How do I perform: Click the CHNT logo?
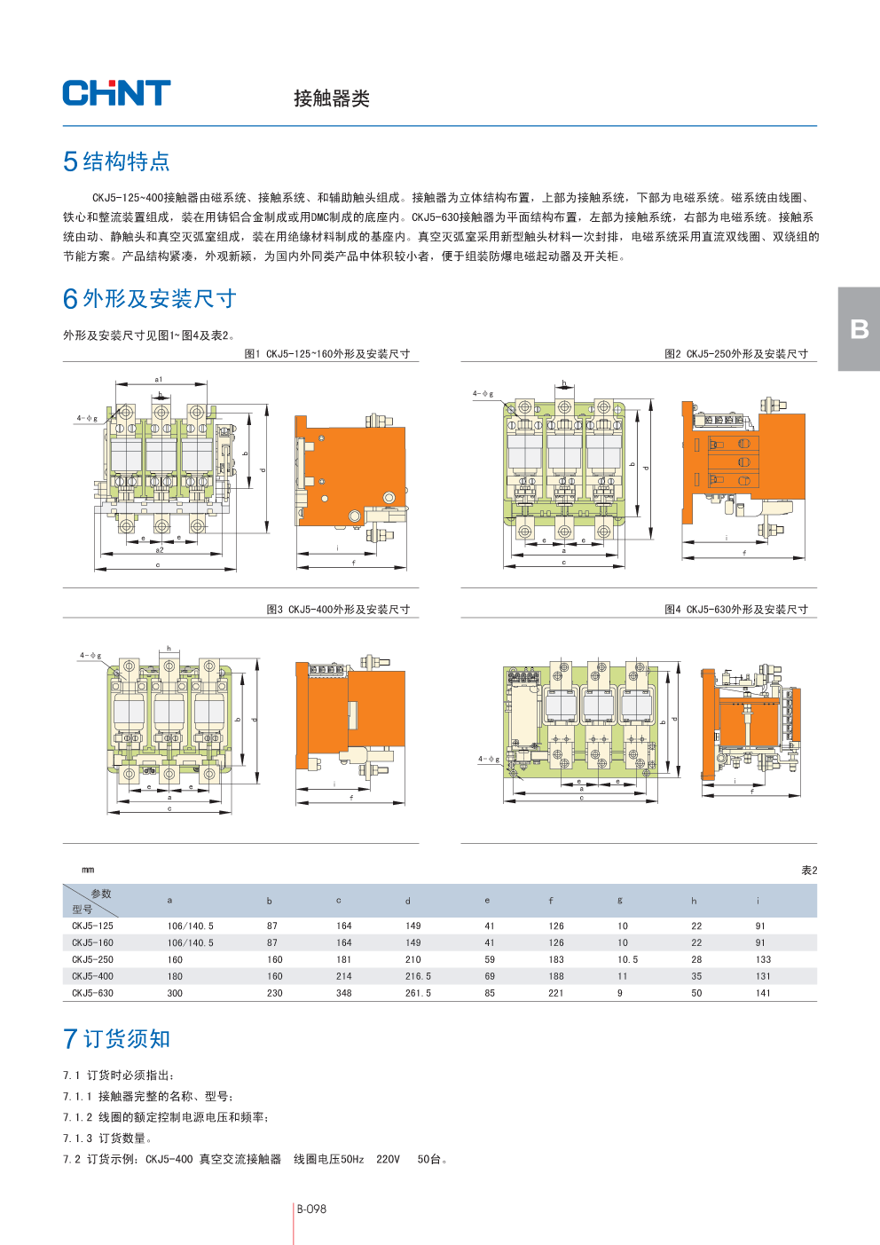tap(116, 93)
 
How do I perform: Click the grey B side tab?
tap(859, 329)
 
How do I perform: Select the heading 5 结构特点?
tap(116, 162)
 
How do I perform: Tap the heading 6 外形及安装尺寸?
tap(149, 299)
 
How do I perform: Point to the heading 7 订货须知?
tap(116, 1039)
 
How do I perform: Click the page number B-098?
tap(311, 1209)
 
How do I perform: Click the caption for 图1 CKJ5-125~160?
tap(326, 354)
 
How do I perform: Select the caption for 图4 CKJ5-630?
tap(735, 610)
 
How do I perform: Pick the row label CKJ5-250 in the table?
tap(92, 959)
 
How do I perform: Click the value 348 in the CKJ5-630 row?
tap(344, 993)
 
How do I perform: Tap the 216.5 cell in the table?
tap(418, 976)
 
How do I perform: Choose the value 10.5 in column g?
tap(627, 959)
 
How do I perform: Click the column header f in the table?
tap(551, 901)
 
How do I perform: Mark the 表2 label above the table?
tap(809, 871)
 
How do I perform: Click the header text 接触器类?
tap(332, 98)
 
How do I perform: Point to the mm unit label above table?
tap(88, 871)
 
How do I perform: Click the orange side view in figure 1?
tap(351, 470)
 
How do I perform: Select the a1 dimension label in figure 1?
tap(159, 380)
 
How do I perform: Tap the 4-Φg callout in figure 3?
tap(90, 656)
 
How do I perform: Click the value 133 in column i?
tap(763, 959)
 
